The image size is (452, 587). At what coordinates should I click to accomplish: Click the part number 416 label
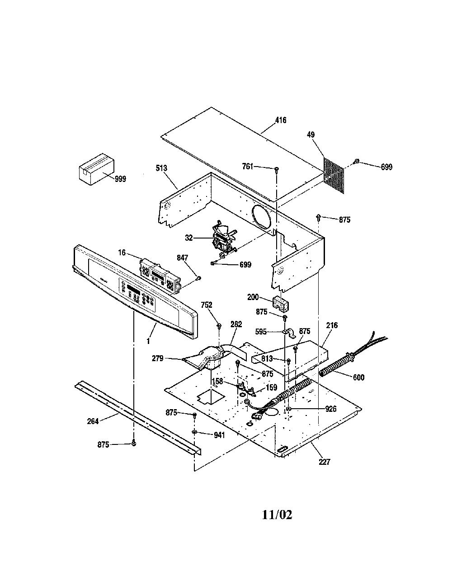tap(281, 120)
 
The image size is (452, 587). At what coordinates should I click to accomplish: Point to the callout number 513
tap(161, 168)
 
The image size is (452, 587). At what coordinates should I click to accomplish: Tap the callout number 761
tap(248, 166)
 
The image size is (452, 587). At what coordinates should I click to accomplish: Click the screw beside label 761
tap(276, 169)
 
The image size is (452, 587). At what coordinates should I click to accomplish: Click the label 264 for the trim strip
tap(93, 421)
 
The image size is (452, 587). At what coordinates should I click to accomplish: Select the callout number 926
tap(331, 409)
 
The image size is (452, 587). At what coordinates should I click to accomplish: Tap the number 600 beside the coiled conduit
tap(359, 377)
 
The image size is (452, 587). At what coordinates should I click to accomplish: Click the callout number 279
tap(158, 358)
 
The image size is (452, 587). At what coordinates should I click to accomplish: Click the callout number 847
tap(182, 258)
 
